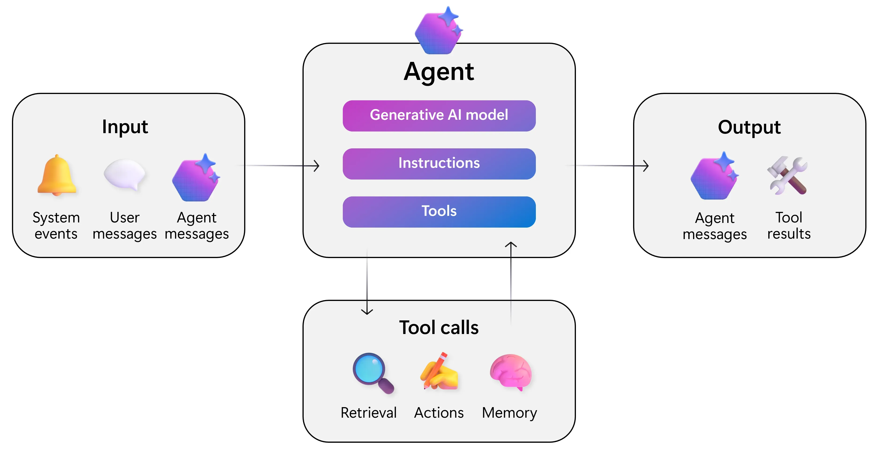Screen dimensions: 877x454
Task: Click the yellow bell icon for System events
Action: coord(57,175)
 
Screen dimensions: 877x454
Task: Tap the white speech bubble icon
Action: coord(125,174)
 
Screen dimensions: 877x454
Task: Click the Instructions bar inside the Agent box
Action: coord(439,163)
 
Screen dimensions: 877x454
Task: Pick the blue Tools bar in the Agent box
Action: coord(439,211)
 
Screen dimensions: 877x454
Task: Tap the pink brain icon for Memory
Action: coord(511,372)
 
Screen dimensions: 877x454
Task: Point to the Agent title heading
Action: coord(439,72)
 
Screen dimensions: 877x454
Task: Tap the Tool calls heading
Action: coord(439,328)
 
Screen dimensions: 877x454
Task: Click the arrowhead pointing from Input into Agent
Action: coord(316,166)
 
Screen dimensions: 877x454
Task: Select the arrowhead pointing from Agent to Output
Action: coord(646,166)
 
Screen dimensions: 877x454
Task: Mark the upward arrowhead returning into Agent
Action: coord(511,244)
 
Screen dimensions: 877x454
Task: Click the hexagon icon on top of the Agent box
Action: coord(439,31)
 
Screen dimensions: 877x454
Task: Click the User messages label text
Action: coord(125,226)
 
